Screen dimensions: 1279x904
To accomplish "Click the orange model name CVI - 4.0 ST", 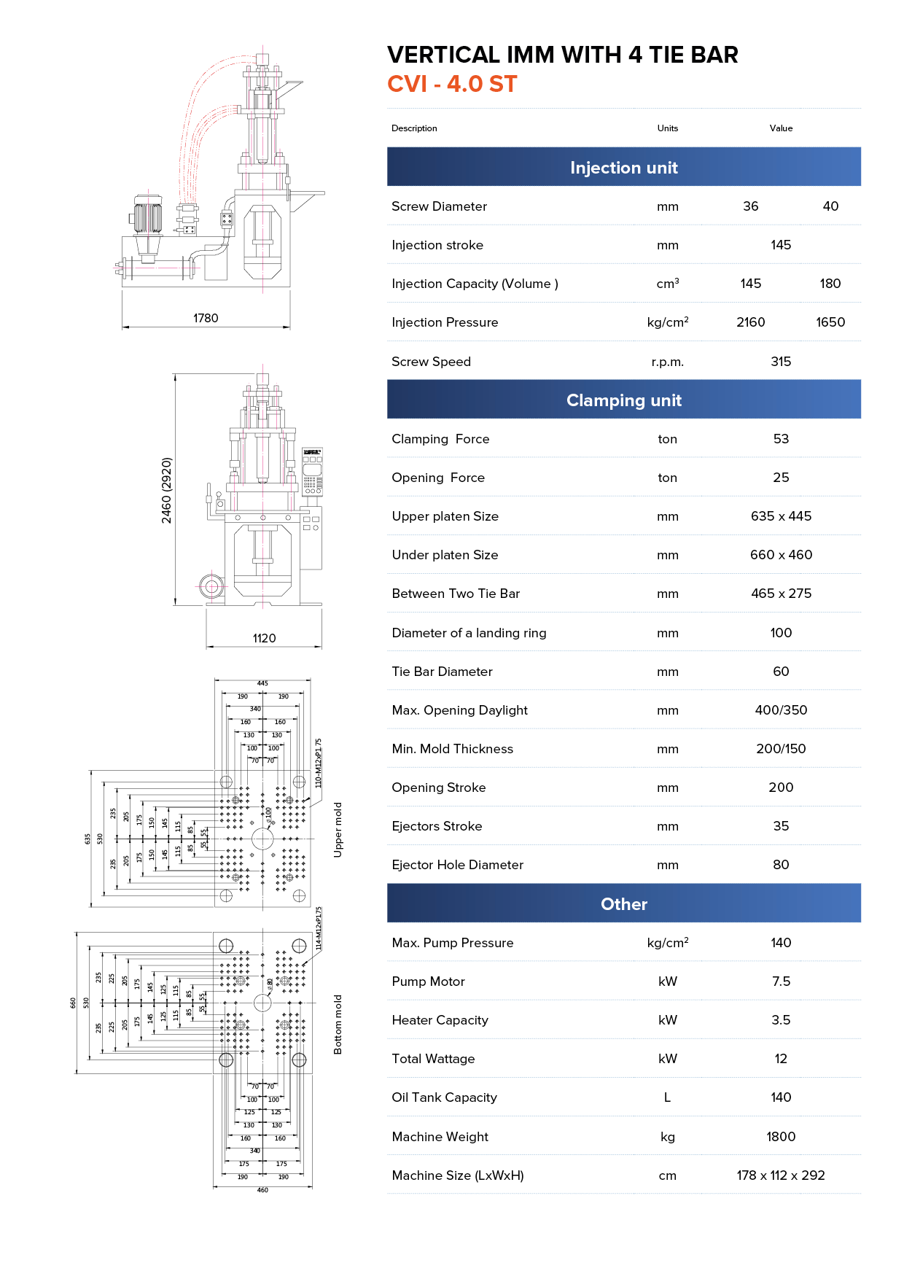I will (452, 85).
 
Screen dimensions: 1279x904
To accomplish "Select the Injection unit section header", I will (623, 168).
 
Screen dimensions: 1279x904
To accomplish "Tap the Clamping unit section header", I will (623, 400).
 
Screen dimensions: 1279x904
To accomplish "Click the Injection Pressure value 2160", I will (750, 322).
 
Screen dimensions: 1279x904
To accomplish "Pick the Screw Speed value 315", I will (781, 362).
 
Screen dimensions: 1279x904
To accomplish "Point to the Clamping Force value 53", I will (781, 439).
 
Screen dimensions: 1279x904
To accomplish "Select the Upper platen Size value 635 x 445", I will (781, 516).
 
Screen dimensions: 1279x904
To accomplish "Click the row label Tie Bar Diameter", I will (442, 672).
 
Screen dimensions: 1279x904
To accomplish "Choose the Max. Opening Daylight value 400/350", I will (781, 710).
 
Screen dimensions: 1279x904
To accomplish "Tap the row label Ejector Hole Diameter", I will (457, 865).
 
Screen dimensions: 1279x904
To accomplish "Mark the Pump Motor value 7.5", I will (781, 981).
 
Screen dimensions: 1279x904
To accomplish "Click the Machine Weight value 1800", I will (781, 1137).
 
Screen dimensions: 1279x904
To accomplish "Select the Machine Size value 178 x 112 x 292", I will (781, 1175).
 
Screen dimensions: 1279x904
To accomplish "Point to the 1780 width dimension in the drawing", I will (206, 318).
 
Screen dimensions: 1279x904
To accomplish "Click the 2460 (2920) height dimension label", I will (167, 490).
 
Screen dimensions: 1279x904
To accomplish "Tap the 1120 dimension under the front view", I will (264, 638).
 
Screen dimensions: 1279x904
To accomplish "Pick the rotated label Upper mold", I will (338, 830).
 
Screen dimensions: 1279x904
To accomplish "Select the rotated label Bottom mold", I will (338, 1025).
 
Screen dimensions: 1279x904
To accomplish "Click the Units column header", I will (667, 128).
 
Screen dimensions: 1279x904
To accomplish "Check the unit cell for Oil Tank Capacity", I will (667, 1097).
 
